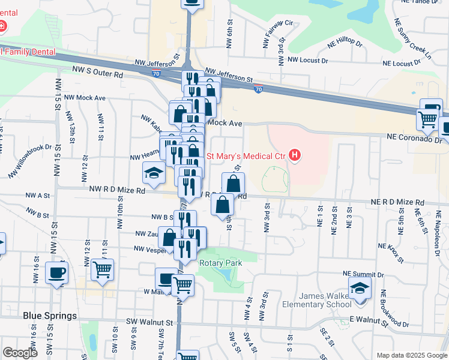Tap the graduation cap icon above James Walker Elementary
point(360,289)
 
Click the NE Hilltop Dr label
point(345,44)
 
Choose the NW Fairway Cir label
point(277,32)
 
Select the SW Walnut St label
point(149,322)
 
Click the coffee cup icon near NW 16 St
point(57,274)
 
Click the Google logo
point(20,353)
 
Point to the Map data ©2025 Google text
point(411,355)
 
